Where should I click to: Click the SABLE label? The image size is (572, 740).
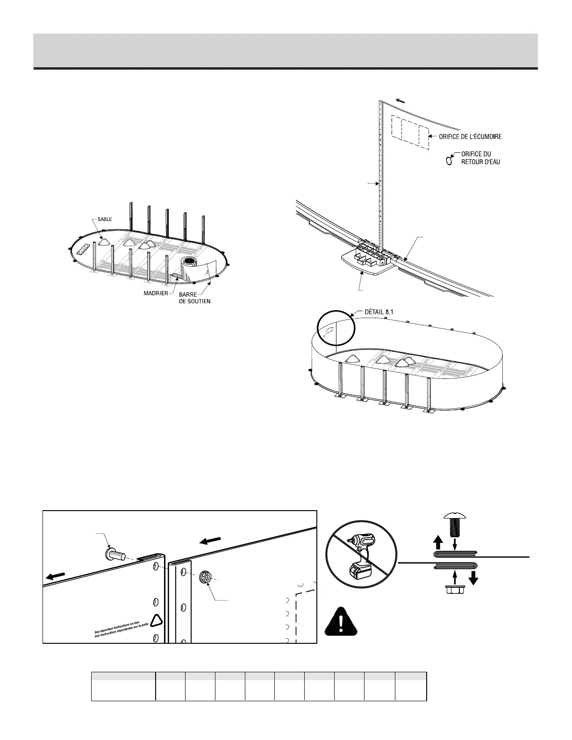(x=104, y=219)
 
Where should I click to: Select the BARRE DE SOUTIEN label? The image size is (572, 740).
(x=194, y=298)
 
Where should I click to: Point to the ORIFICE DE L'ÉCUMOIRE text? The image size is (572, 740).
(x=470, y=137)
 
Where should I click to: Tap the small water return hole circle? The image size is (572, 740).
(x=449, y=161)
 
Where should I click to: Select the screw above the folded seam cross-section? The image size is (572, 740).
(x=452, y=526)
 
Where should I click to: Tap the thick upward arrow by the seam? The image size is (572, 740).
(x=438, y=542)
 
